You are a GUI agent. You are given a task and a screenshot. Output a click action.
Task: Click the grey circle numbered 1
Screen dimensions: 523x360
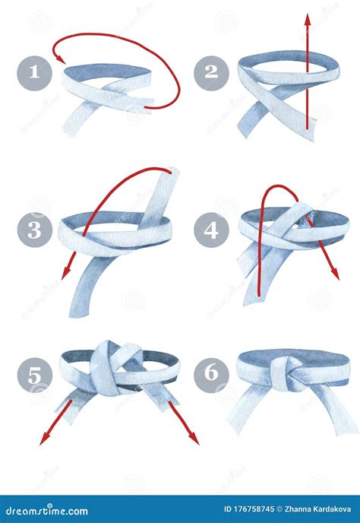pyautogui.click(x=33, y=73)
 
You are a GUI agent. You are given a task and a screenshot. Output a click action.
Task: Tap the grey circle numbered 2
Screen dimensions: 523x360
pyautogui.click(x=210, y=73)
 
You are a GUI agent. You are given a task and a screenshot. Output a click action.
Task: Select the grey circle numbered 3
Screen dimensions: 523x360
pyautogui.click(x=33, y=229)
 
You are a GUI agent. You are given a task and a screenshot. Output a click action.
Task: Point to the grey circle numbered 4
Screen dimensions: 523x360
pyautogui.click(x=210, y=229)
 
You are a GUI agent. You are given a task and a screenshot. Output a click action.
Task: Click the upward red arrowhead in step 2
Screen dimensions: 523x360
pyautogui.click(x=308, y=19)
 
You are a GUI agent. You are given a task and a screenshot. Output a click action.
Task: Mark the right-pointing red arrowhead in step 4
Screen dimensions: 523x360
pyautogui.click(x=335, y=274)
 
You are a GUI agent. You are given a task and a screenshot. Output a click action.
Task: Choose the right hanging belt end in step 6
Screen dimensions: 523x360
pyautogui.click(x=334, y=414)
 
